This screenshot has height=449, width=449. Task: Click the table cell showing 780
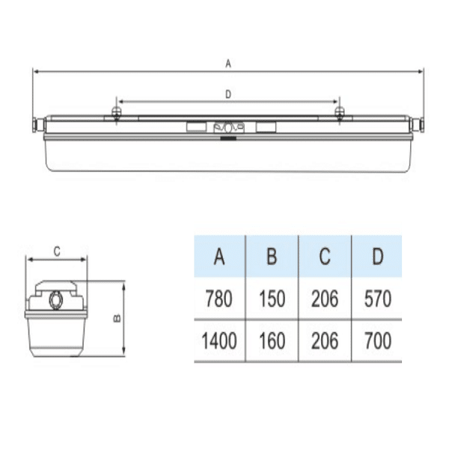pos(219,299)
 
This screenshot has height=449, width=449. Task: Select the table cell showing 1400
pos(219,340)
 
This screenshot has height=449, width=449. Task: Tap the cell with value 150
pos(272,299)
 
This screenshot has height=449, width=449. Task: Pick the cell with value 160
pos(272,340)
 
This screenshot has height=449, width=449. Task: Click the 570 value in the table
pos(378,299)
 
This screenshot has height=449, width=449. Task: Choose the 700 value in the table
pos(378,340)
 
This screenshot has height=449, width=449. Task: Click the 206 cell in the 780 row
pos(325,299)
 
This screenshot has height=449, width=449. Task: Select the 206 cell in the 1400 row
pos(325,340)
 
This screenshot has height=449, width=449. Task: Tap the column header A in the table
pos(219,256)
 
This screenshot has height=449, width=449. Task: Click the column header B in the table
pos(272,256)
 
